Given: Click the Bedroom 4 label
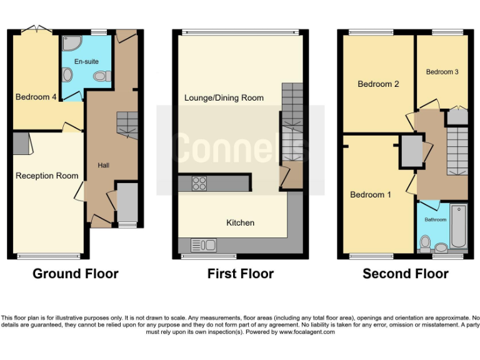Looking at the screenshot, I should point(32,97).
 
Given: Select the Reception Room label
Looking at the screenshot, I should point(47,176).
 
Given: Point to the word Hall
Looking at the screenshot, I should point(103,165).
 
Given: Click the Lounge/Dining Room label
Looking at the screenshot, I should point(224,97).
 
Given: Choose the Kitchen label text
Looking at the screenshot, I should point(240,222).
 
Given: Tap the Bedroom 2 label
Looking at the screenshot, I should point(378,84).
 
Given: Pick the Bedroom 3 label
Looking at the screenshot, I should point(442,72).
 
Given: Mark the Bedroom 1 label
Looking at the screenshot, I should point(371,194).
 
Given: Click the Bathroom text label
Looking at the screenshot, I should point(436,220).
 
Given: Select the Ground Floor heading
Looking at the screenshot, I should point(75,274).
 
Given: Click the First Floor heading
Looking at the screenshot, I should point(241,274).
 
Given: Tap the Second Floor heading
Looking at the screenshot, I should point(405,274).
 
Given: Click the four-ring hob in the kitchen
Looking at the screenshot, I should point(199,183).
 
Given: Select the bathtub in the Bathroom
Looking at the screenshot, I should point(458,227).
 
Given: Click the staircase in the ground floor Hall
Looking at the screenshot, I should point(127,123).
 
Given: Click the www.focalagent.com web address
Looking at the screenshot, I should point(306,332).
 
